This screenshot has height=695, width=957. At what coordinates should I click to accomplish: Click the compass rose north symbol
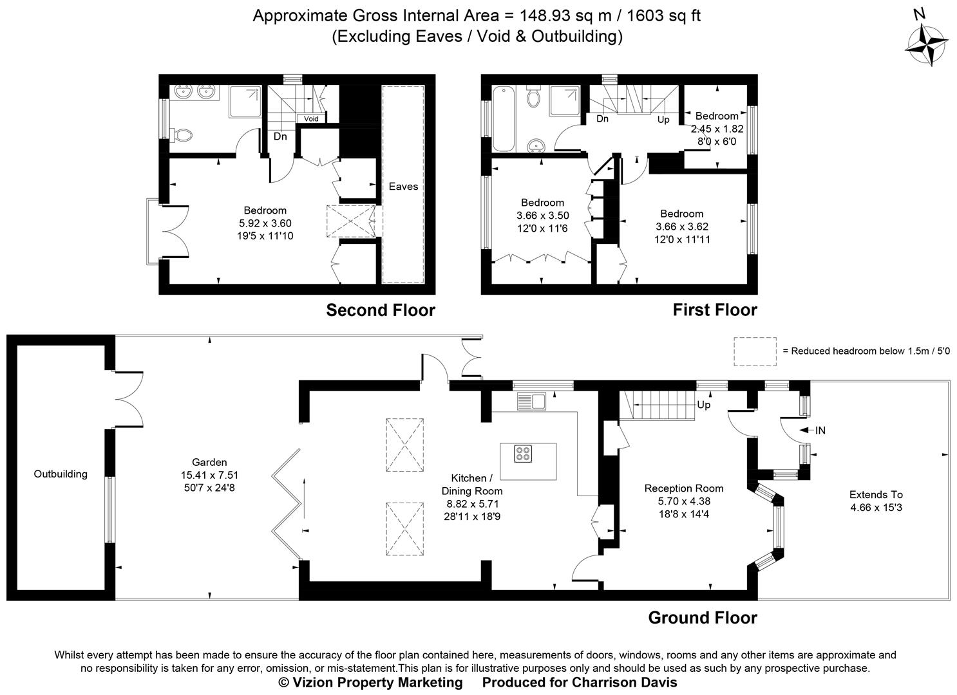click(x=927, y=42)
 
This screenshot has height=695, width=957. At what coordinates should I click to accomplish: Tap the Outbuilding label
click(x=61, y=474)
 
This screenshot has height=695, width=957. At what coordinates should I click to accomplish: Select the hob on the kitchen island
click(x=523, y=454)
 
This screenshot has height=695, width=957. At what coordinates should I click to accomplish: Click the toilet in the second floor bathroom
click(x=183, y=135)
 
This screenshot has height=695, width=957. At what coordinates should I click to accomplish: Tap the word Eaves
click(x=403, y=187)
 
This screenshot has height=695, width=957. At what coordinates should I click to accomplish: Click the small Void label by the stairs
click(x=311, y=119)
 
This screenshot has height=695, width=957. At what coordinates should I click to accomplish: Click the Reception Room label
click(x=683, y=488)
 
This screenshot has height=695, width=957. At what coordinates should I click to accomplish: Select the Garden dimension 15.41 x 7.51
click(x=209, y=475)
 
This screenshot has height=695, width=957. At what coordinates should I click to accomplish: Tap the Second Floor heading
click(x=381, y=310)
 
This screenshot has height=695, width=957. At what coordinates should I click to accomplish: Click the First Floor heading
click(x=715, y=310)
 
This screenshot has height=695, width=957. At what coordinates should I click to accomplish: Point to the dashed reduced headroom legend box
click(x=755, y=351)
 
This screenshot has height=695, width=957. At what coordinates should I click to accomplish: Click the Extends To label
click(x=876, y=495)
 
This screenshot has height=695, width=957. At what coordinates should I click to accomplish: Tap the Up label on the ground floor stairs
click(x=704, y=405)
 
